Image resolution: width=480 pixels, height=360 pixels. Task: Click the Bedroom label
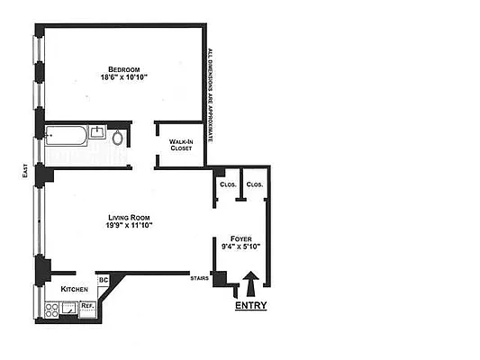pos(123,69)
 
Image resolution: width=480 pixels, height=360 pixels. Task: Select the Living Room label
pos(128,217)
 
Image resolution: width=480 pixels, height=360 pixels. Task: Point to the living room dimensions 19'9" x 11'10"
pos(128,226)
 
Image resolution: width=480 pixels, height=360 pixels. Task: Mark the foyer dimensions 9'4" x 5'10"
pos(240,247)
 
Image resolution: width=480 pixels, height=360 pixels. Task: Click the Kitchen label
pos(74,289)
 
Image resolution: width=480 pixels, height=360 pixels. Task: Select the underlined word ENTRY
pos(251,306)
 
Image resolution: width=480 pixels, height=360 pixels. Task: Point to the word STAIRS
pos(200,279)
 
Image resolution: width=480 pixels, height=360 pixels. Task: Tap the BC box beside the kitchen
pos(103,280)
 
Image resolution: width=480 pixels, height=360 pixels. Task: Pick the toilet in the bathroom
pos(118,138)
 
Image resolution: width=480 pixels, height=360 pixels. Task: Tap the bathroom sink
pos(97,134)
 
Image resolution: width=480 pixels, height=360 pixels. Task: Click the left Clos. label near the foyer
pos(227,184)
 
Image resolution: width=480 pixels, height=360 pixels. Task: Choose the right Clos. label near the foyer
pos(254,184)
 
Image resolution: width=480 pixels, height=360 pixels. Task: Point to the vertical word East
pos(24,171)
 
